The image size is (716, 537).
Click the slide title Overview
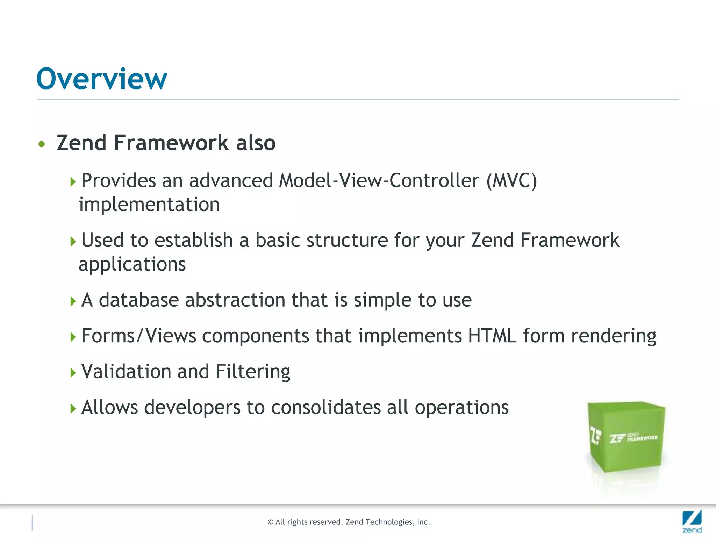click(x=102, y=79)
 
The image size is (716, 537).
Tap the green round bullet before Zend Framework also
click(x=42, y=144)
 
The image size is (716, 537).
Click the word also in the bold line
click(x=256, y=143)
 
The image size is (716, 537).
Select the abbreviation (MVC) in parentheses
click(x=511, y=181)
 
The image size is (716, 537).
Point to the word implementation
click(x=149, y=205)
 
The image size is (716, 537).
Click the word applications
click(x=132, y=264)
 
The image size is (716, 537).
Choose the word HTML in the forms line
click(x=492, y=336)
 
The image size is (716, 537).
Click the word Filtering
click(x=253, y=372)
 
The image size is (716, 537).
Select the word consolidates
click(x=326, y=408)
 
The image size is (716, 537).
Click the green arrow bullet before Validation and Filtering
click(x=73, y=373)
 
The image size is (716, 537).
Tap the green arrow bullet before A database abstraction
click(x=73, y=301)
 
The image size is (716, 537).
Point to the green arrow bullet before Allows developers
click(x=73, y=408)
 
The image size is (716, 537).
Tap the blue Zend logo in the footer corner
click(x=692, y=521)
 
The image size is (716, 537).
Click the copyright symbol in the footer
click(x=270, y=522)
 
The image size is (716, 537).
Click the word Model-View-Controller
click(x=379, y=181)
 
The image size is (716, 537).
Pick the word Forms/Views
click(x=138, y=336)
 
